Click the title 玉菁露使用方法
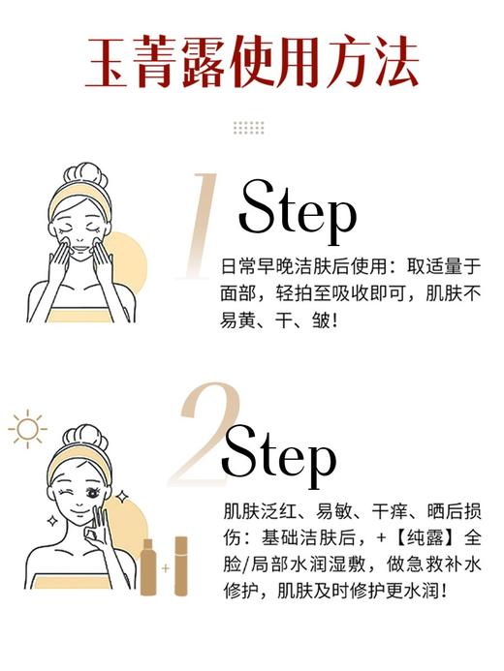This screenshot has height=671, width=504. point(252,63)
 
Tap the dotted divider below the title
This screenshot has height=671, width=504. point(249,128)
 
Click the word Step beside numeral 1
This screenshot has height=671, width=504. point(298,209)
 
